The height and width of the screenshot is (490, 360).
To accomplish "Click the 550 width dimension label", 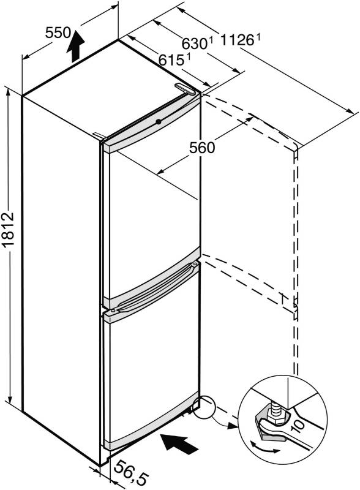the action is tap(58, 32).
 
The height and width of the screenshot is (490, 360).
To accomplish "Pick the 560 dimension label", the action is tap(202, 148).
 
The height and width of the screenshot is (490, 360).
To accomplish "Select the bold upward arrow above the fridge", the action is tap(75, 46).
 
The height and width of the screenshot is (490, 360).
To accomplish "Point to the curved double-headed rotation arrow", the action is tap(264, 448).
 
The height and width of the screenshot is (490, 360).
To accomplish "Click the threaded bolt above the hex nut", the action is tap(277, 403).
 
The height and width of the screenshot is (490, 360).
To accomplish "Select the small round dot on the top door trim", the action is tap(159, 121).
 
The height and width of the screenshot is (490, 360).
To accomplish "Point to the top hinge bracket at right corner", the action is tap(186, 88).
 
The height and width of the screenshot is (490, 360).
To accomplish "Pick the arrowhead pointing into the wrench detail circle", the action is tap(232, 425).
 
